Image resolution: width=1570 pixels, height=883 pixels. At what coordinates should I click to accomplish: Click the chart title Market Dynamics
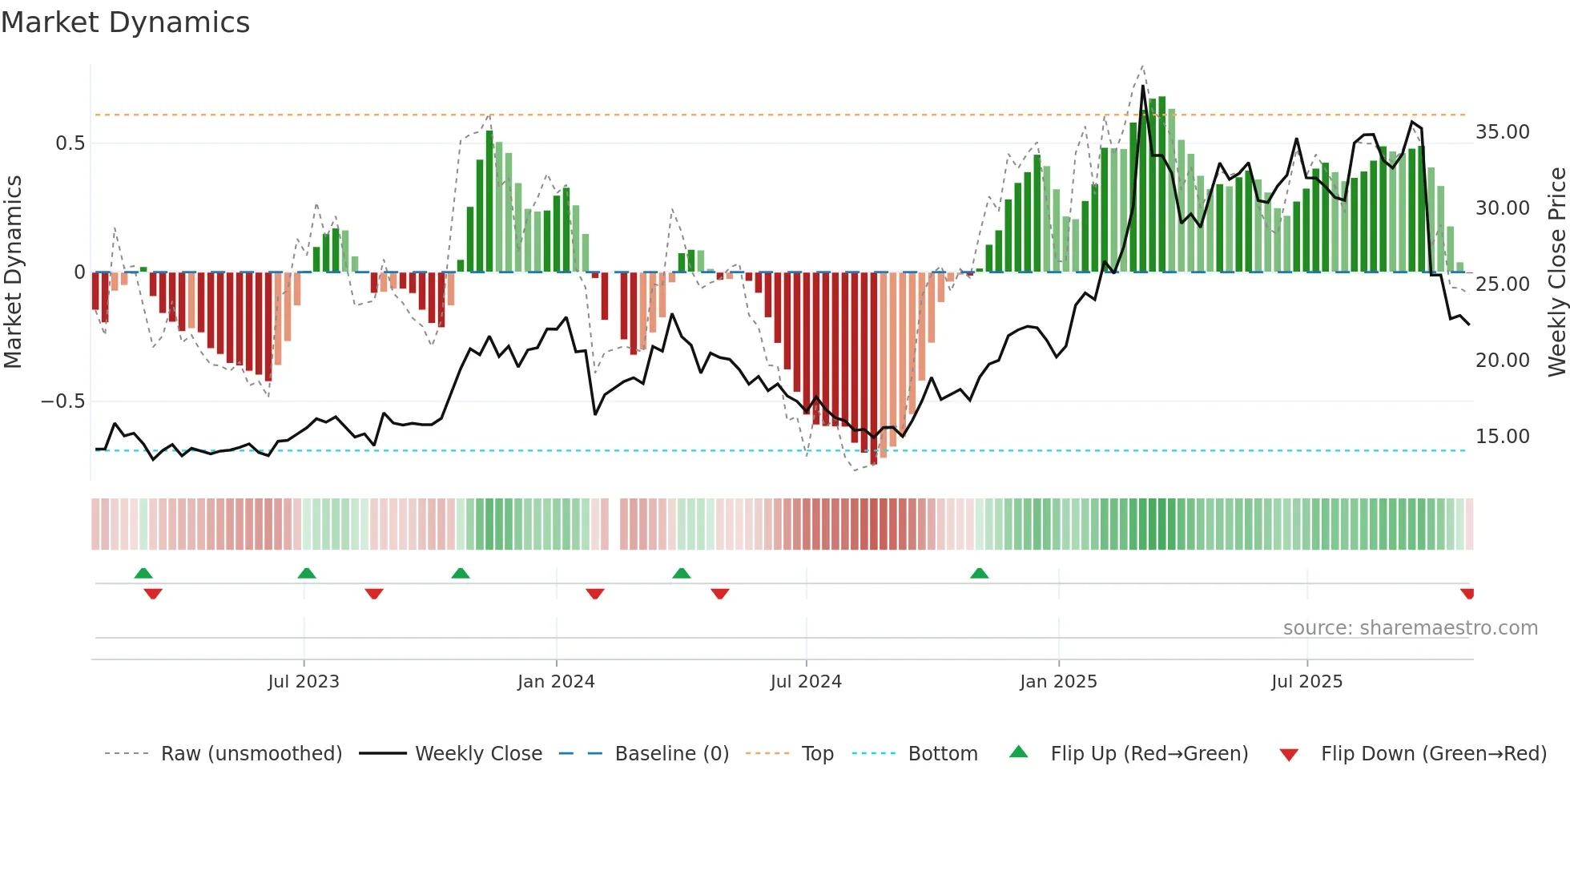125,22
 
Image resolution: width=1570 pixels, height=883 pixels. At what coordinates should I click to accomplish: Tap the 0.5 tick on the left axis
70,143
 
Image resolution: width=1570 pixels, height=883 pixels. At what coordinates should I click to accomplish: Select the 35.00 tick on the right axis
1502,132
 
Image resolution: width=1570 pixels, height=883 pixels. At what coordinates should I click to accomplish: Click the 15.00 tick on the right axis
1502,437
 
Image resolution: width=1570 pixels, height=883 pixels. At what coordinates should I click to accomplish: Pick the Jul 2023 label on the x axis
304,682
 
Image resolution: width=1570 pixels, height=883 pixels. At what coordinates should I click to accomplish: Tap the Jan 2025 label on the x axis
1058,682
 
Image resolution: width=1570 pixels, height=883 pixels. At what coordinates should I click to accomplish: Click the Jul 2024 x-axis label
806,682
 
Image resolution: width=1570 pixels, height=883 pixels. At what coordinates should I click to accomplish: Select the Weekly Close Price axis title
1556,272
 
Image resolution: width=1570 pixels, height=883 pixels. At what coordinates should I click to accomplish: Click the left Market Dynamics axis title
13,272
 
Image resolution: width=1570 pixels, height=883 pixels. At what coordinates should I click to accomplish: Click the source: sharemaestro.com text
1410,628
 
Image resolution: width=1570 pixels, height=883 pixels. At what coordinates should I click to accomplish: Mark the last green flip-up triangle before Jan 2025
979,573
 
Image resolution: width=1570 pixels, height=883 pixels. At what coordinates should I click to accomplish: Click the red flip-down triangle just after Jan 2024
594,594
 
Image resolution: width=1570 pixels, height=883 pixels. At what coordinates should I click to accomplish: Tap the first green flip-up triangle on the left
143,573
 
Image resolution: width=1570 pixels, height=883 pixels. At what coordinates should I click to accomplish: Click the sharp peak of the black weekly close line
1143,87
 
